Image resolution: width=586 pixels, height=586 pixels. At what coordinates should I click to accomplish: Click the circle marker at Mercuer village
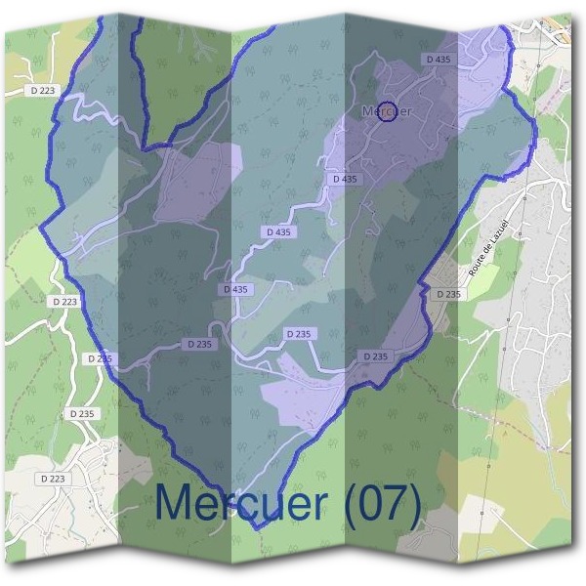tap(387, 111)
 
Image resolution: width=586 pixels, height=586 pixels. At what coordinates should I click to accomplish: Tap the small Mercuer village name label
tap(386, 111)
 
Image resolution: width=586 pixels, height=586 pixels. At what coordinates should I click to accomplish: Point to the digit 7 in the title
tap(392, 504)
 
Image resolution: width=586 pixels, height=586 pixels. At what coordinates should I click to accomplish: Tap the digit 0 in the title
tap(365, 504)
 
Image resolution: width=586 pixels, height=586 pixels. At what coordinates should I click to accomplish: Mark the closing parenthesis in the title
tap(414, 505)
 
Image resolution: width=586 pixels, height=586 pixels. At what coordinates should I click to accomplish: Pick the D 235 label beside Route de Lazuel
tap(448, 294)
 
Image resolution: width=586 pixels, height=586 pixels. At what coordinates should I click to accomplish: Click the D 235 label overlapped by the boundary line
tap(100, 358)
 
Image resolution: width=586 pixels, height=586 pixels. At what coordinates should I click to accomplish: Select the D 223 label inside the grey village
tap(54, 479)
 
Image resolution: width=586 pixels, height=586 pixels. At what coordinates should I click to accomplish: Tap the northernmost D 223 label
tap(43, 91)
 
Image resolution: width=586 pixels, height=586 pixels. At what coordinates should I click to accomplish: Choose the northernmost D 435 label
tap(439, 60)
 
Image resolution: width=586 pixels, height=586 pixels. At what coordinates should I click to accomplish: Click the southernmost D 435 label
tap(236, 289)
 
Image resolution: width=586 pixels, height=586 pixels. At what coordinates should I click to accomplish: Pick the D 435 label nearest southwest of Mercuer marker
tap(345, 179)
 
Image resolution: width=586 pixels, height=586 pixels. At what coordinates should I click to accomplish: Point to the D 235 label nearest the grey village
tap(83, 413)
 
